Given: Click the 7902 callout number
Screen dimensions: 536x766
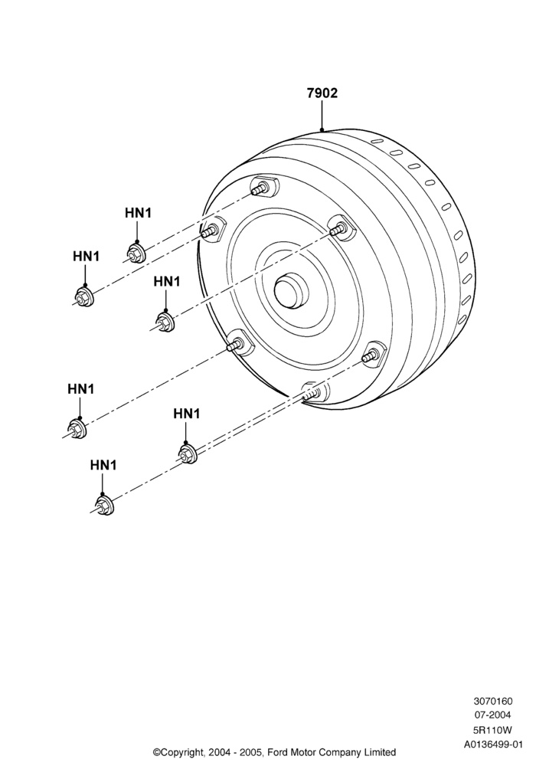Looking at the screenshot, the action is pos(322,93).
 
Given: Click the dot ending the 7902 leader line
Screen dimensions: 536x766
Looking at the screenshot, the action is pos(322,130).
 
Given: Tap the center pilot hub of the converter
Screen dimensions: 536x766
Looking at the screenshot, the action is pos(291,290).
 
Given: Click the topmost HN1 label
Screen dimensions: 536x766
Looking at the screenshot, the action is pos(138,213).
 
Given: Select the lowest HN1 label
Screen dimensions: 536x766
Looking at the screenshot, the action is pos(103,465).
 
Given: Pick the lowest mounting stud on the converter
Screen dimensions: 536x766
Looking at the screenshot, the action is pos(312,392).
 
